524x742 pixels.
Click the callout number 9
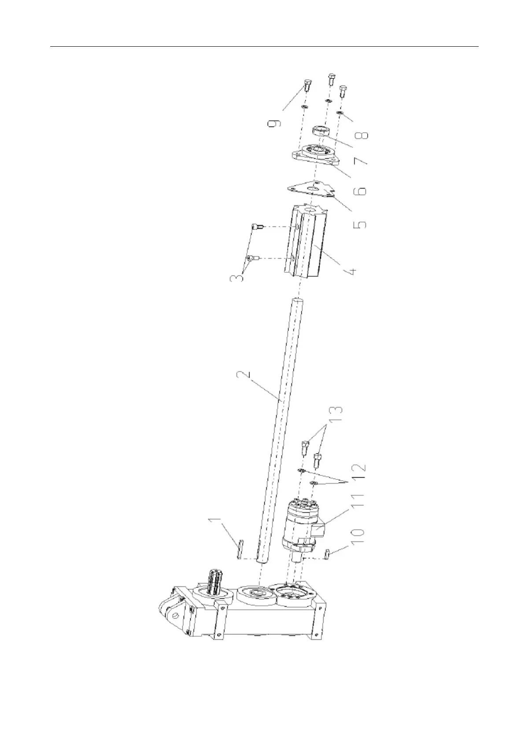click(273, 119)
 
